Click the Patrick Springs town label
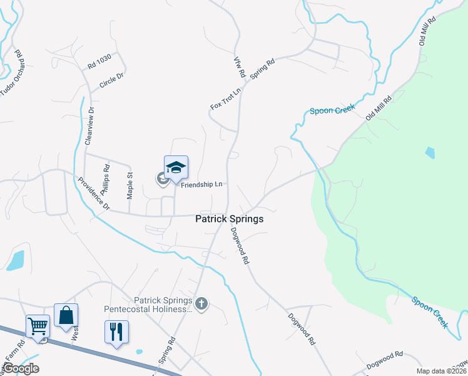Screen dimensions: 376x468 click(x=229, y=219)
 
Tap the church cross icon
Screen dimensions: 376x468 click(x=201, y=305)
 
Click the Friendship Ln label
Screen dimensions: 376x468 click(x=202, y=185)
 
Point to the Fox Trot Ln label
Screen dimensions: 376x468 click(x=226, y=98)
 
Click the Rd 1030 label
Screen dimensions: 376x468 click(x=99, y=61)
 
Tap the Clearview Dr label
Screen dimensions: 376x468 click(x=91, y=126)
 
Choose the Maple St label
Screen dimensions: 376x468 click(x=130, y=185)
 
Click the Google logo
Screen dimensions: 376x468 click(x=21, y=368)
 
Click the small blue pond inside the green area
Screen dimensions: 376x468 click(x=429, y=152)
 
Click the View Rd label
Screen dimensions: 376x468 click(x=238, y=67)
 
